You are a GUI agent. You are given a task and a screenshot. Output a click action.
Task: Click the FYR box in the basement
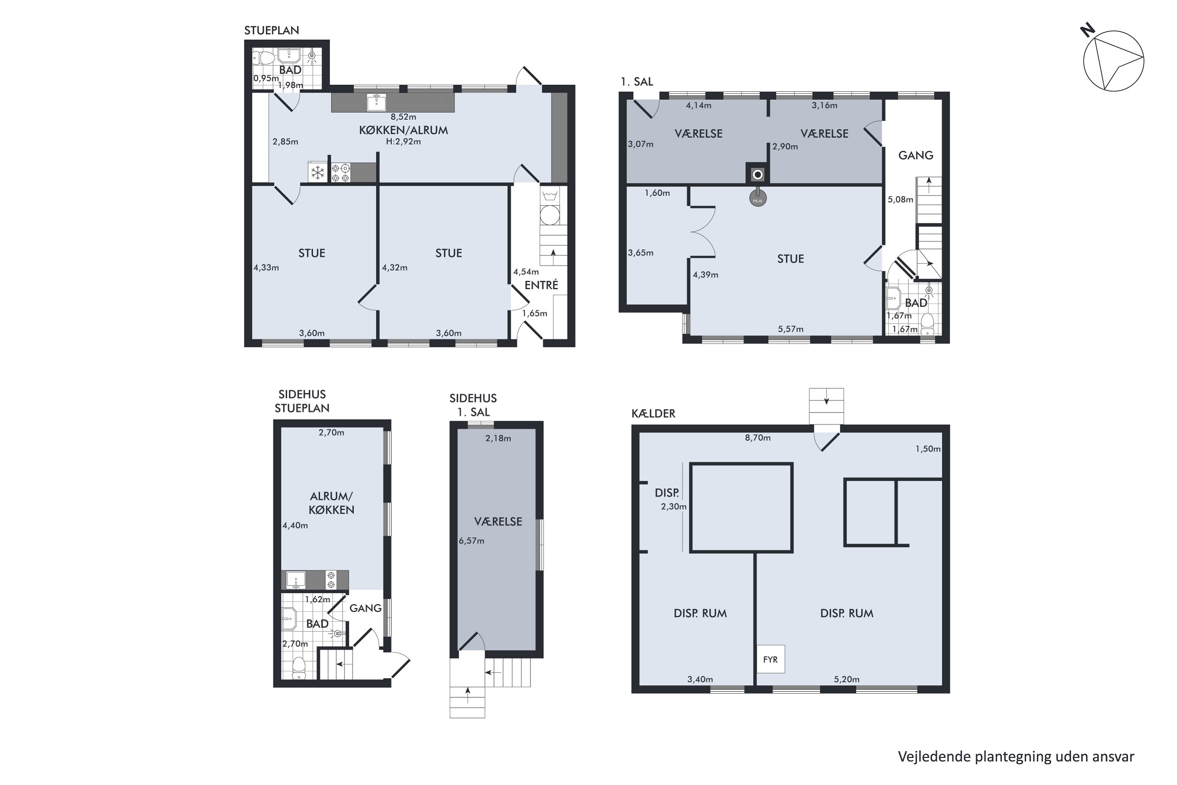[x=770, y=659]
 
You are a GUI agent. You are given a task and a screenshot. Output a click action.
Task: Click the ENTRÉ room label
[x=541, y=285]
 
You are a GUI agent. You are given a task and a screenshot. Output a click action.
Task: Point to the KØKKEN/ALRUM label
[x=403, y=130]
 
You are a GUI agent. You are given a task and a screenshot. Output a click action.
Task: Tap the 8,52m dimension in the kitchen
[x=403, y=117]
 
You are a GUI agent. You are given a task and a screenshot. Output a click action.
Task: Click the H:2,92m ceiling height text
[x=403, y=142]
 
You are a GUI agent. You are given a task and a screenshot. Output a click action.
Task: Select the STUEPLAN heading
[x=272, y=30]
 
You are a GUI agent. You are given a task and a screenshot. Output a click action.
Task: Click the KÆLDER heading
[x=654, y=414]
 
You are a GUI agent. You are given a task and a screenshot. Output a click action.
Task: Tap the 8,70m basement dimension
[x=758, y=438]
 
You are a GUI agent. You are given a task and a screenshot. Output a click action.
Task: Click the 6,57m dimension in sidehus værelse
[x=472, y=541]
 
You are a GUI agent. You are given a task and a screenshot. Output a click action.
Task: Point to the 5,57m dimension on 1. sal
[x=791, y=329]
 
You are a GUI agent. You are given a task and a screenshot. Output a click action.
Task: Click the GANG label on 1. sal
[x=916, y=155]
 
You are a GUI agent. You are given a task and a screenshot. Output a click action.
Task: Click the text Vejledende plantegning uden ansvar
[x=1016, y=756]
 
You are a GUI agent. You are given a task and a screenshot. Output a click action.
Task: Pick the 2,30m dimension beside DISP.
[x=674, y=506]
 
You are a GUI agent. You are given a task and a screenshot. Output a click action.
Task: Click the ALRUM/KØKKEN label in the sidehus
[x=331, y=503]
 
